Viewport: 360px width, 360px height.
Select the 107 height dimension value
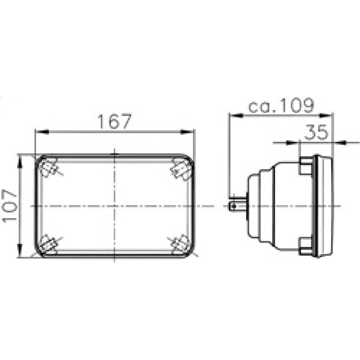coord(9,206)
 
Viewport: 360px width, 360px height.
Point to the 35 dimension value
coord(317,133)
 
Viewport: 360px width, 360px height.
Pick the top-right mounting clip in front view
coord(182,170)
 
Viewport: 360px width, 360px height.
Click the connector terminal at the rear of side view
coord(237,206)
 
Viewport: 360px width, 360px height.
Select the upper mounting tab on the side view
coord(306,167)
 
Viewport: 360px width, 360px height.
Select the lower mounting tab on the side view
coord(306,245)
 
